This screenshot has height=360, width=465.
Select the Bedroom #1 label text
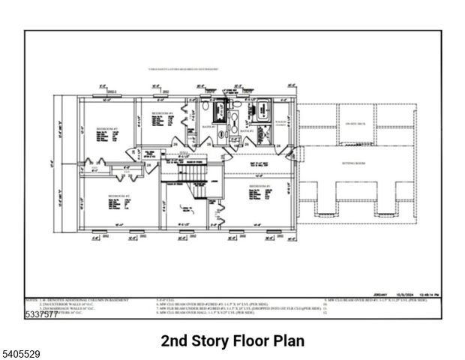tap(259, 185)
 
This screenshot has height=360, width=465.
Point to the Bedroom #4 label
tap(163, 113)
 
